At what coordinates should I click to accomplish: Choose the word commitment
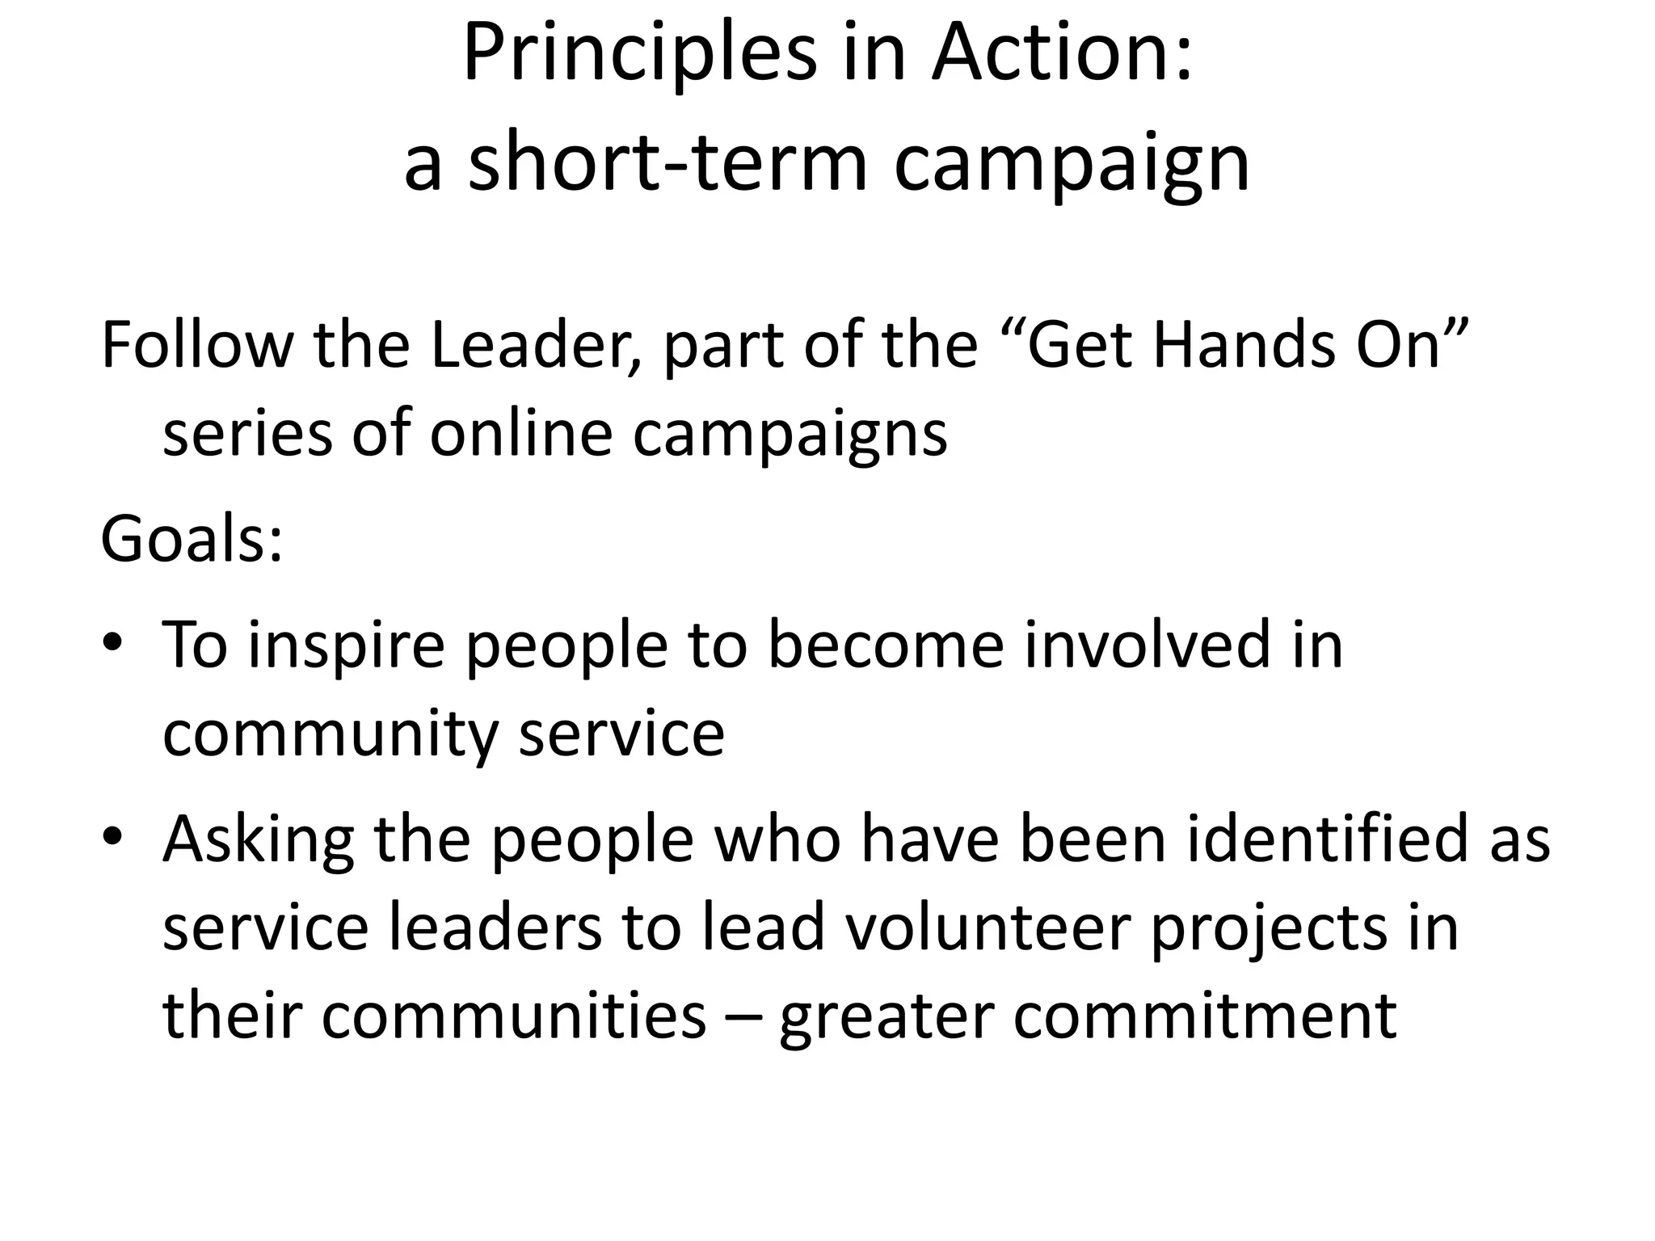pyautogui.click(x=1205, y=1016)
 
